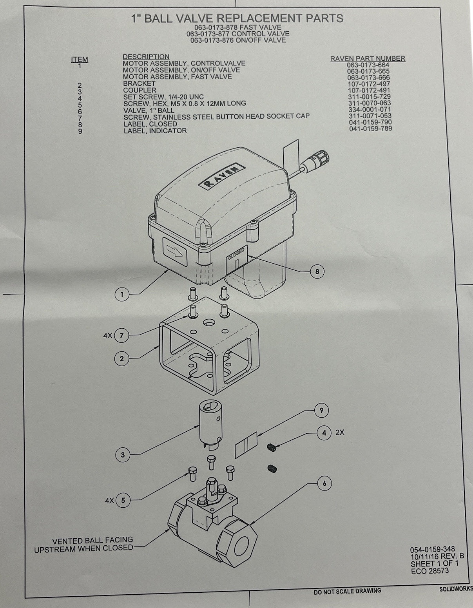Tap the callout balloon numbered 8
tap(317, 271)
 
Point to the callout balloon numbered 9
tap(321, 410)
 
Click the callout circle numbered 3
tap(123, 454)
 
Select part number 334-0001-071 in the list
tap(370, 109)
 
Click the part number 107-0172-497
tap(369, 84)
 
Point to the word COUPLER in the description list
tap(140, 90)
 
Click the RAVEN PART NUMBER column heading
tap(368, 58)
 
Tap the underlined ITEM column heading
tap(80, 60)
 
